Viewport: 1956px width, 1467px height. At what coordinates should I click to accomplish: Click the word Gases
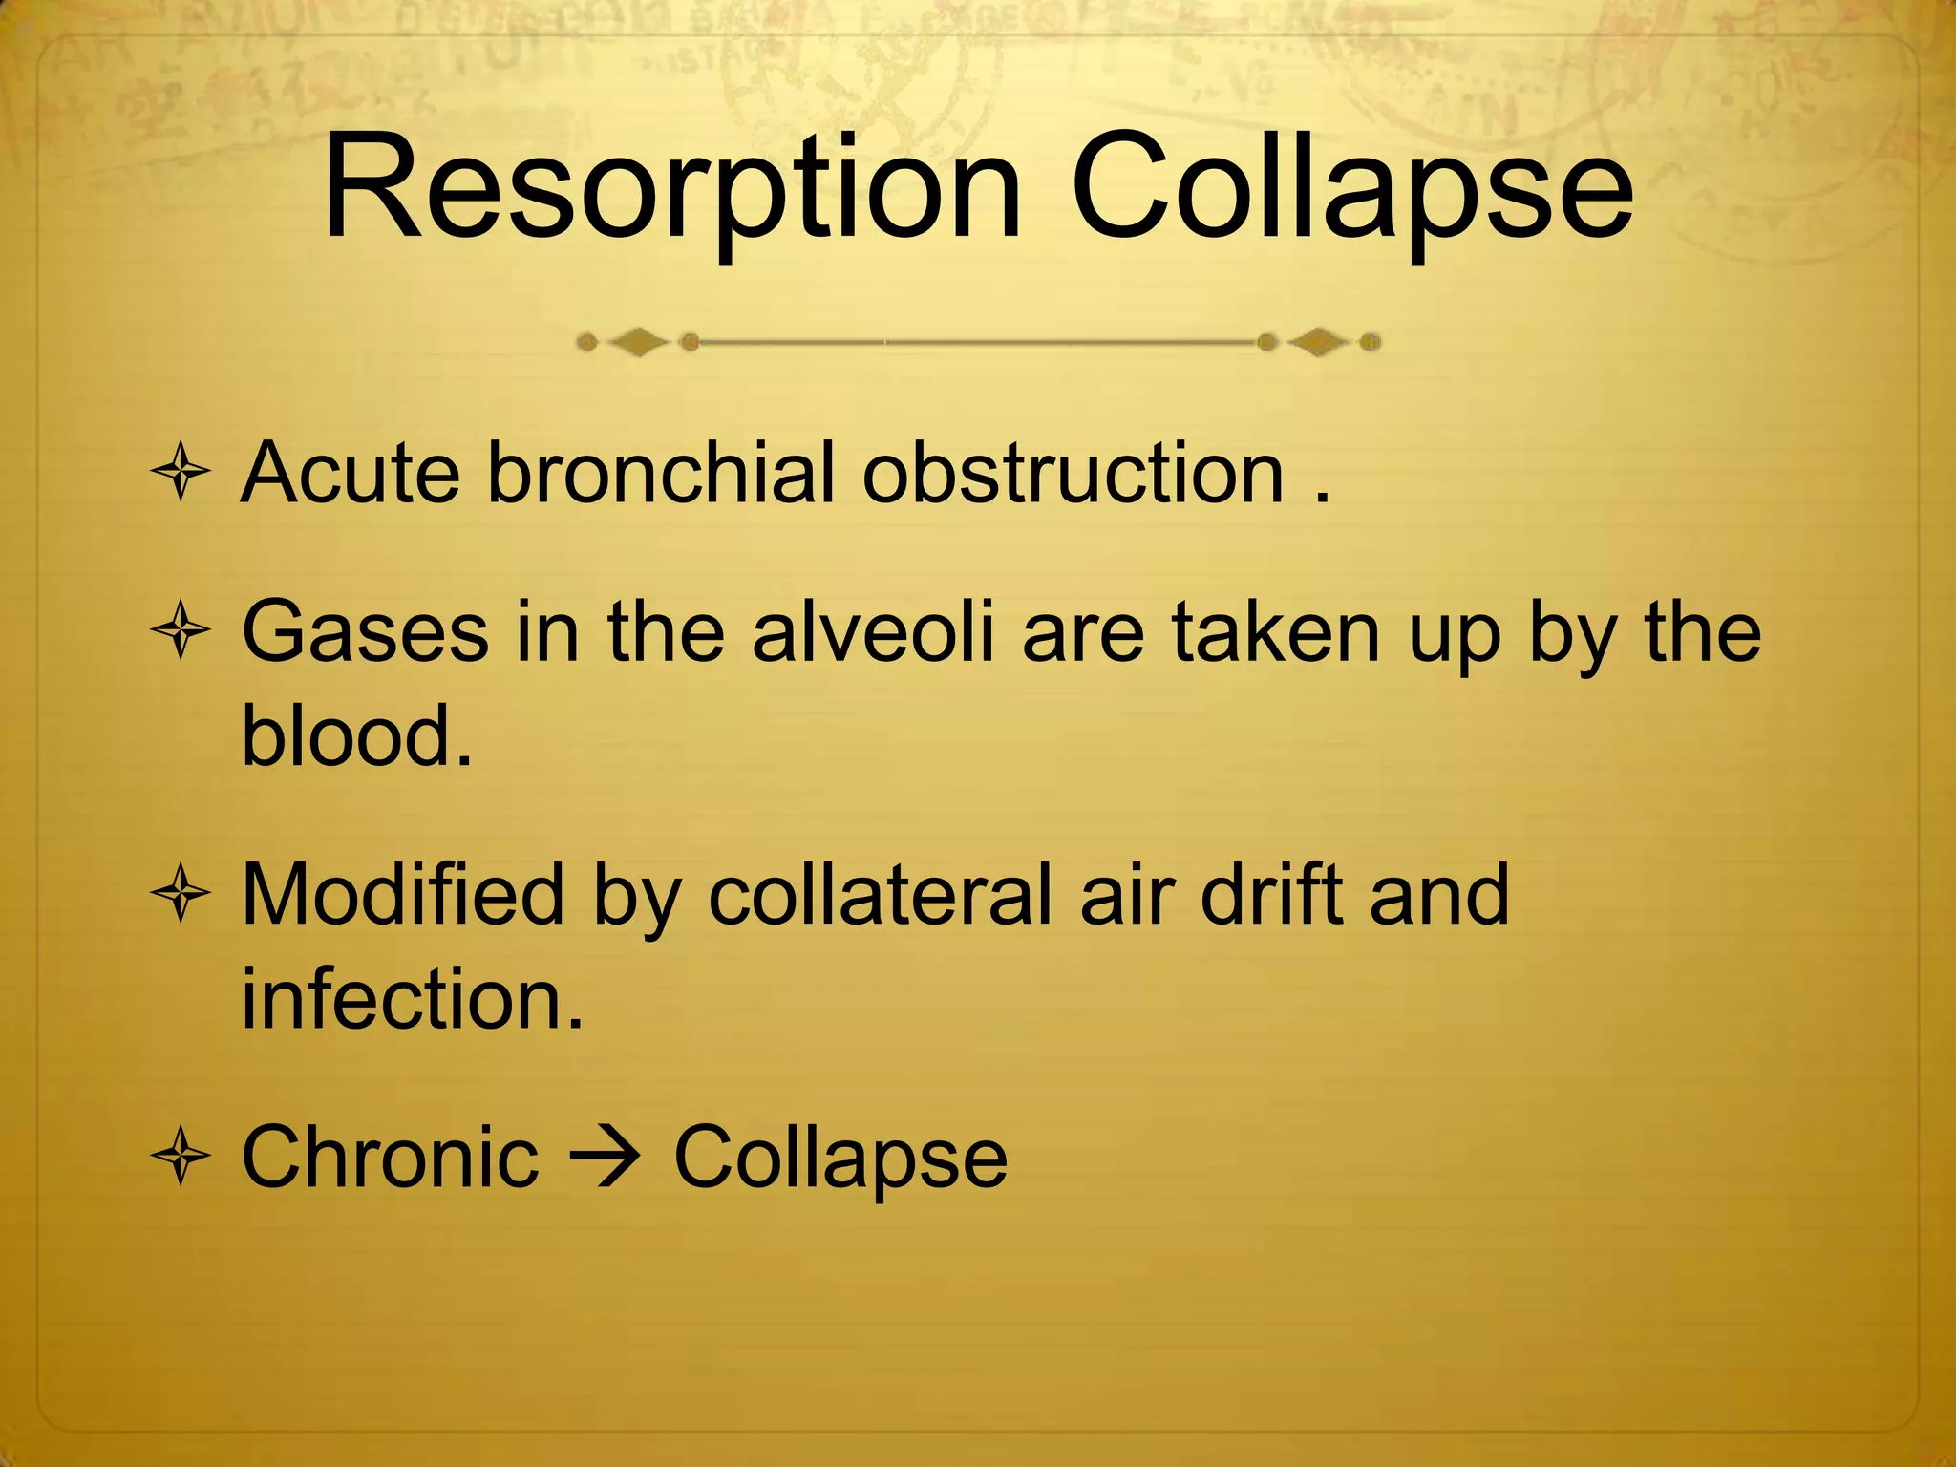[x=364, y=632]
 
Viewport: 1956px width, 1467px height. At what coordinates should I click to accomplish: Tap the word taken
[x=1276, y=632]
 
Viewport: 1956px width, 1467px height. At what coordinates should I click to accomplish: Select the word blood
[x=356, y=735]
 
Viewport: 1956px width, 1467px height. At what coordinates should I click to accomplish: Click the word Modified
[x=402, y=895]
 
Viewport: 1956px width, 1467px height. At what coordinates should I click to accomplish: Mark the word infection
[x=412, y=999]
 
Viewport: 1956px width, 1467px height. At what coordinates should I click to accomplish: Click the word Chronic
[x=390, y=1157]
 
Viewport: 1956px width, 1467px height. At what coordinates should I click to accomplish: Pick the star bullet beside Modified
[x=181, y=896]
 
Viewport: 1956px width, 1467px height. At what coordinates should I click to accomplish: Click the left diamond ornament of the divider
[x=638, y=342]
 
